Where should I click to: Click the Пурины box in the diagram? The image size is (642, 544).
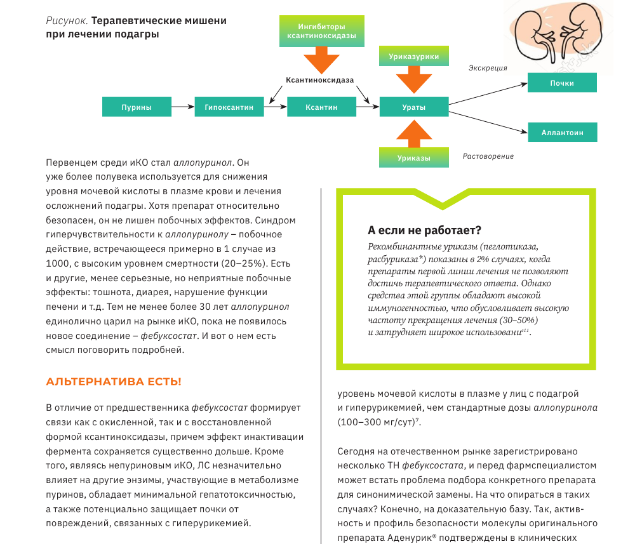(137, 107)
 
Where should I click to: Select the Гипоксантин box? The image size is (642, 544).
(229, 107)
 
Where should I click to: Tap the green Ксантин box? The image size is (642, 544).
(321, 107)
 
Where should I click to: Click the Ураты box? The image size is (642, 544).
(414, 107)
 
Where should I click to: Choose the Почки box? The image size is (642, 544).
(563, 83)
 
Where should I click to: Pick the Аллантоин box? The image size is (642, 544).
(563, 133)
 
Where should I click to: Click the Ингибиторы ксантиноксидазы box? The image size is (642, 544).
(321, 32)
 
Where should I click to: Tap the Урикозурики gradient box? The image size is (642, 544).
(414, 56)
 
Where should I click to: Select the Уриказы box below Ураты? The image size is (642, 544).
(414, 157)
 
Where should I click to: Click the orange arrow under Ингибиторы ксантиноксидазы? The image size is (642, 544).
(321, 62)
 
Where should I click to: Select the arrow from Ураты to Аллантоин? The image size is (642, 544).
(488, 121)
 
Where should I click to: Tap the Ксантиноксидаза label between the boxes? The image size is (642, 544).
(319, 80)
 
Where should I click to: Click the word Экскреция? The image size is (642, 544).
(488, 68)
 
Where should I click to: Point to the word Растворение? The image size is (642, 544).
(488, 156)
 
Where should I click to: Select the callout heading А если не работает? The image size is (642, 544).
(424, 230)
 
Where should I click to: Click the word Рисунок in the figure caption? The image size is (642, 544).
(63, 21)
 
